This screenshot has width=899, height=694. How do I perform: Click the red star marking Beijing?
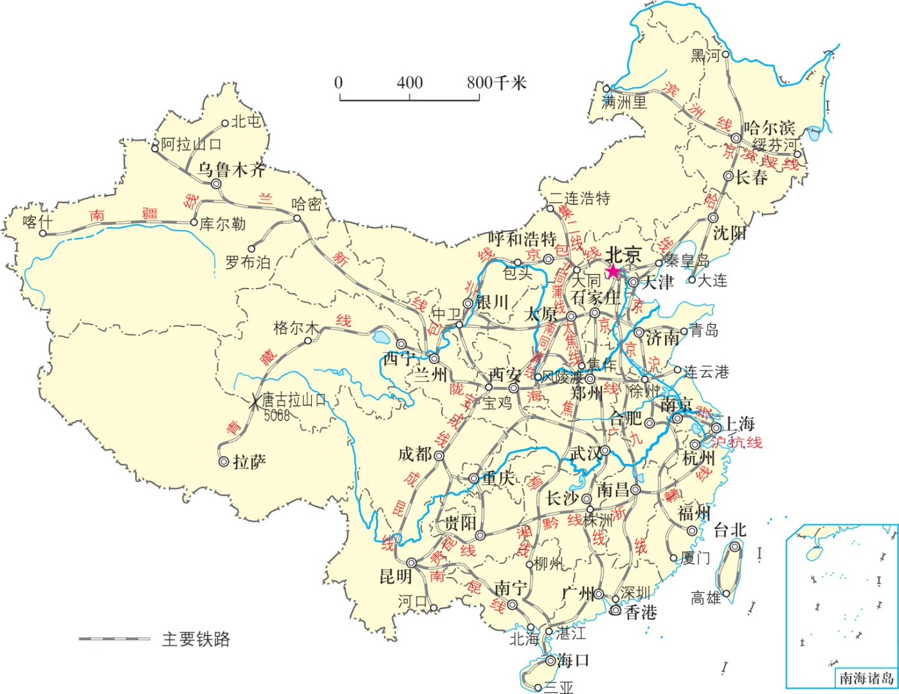point(613,271)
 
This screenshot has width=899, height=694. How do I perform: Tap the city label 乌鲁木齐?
point(231,170)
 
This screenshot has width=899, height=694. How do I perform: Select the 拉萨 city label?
point(250,462)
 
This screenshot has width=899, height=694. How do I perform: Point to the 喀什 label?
point(37,222)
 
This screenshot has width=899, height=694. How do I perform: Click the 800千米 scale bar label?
point(496,82)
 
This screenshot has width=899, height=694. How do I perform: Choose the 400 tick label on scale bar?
point(410,82)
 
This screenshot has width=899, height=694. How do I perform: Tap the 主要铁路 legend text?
point(195,639)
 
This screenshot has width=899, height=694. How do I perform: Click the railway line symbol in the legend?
point(114,639)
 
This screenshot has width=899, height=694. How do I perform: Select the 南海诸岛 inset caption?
point(866,678)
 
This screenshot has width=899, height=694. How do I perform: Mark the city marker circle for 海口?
point(551,661)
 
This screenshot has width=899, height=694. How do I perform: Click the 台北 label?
point(730,529)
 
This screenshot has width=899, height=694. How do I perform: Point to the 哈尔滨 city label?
point(770,128)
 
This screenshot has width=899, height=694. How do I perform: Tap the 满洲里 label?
point(624,102)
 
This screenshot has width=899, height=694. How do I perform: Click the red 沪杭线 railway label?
point(737,442)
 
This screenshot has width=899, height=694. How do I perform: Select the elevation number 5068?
point(277,416)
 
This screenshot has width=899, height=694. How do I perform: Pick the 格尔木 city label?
point(296,328)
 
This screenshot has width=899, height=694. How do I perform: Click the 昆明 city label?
point(395,576)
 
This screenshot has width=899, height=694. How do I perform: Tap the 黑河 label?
point(705,56)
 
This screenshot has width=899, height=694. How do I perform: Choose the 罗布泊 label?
point(248,262)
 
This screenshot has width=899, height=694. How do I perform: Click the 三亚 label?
point(558,688)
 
